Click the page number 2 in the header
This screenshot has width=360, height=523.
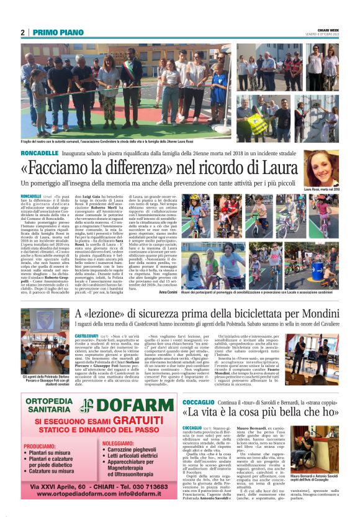[22, 32]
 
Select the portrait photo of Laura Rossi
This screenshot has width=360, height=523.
[321, 168]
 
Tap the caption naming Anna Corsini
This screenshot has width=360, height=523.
[168, 292]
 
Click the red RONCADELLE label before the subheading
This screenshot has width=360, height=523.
[42, 152]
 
